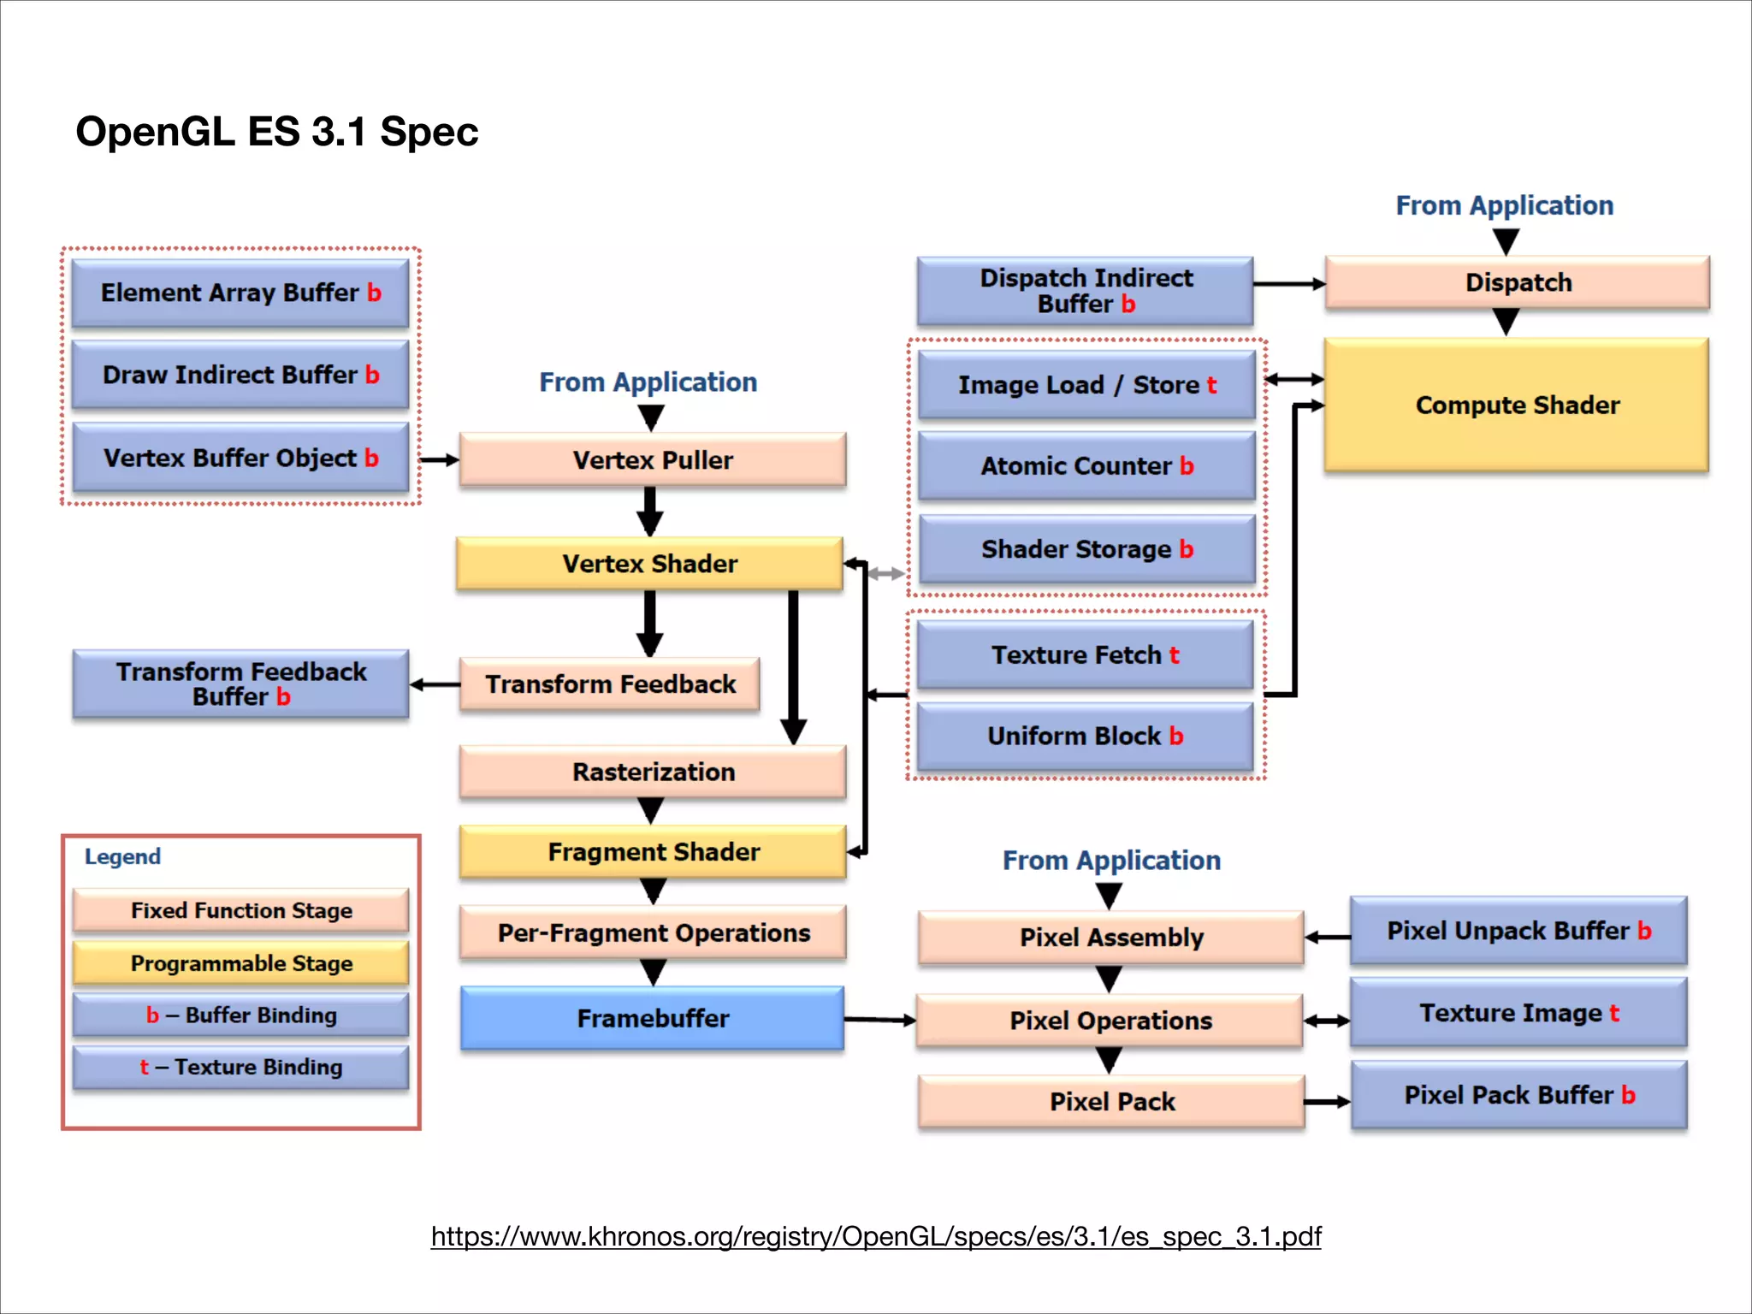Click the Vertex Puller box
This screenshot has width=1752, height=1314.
tap(652, 460)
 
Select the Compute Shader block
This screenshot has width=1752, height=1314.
tap(1516, 405)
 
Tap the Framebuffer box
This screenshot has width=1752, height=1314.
tap(652, 1018)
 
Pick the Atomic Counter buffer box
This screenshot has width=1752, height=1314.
tap(1086, 466)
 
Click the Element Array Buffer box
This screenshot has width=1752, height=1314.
tap(240, 293)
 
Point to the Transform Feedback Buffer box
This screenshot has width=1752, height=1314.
tap(240, 684)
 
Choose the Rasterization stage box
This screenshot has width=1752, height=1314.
tap(652, 772)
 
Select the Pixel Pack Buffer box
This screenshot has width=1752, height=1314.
tap(1518, 1095)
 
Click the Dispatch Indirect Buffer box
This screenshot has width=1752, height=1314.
tap(1085, 291)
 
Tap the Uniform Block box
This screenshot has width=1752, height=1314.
tap(1085, 736)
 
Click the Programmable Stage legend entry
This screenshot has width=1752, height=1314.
tap(240, 963)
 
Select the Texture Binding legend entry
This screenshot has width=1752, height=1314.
tap(240, 1067)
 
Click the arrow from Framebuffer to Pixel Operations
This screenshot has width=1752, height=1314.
tap(879, 1019)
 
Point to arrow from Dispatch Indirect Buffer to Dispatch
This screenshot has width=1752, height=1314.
tap(1288, 283)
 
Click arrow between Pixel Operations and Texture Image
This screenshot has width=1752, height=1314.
tap(1326, 1021)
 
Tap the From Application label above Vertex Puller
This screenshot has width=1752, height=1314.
tap(648, 382)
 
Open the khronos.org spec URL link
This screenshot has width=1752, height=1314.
tap(875, 1236)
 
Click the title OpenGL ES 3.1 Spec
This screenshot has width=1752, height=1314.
tap(276, 132)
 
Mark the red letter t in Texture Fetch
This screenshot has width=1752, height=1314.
tap(1174, 655)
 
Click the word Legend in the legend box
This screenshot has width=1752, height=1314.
tap(122, 856)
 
